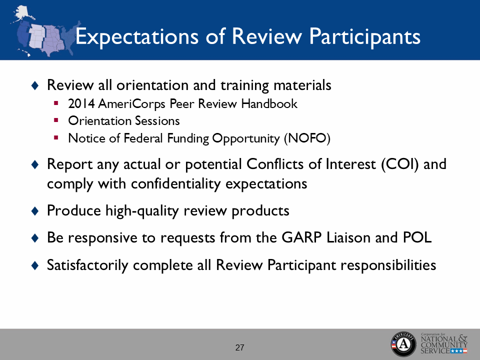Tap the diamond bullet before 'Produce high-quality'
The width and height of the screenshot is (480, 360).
[34, 211]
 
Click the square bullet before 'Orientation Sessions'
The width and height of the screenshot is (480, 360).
[56, 120]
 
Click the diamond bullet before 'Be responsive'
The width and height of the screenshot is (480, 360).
[34, 238]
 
